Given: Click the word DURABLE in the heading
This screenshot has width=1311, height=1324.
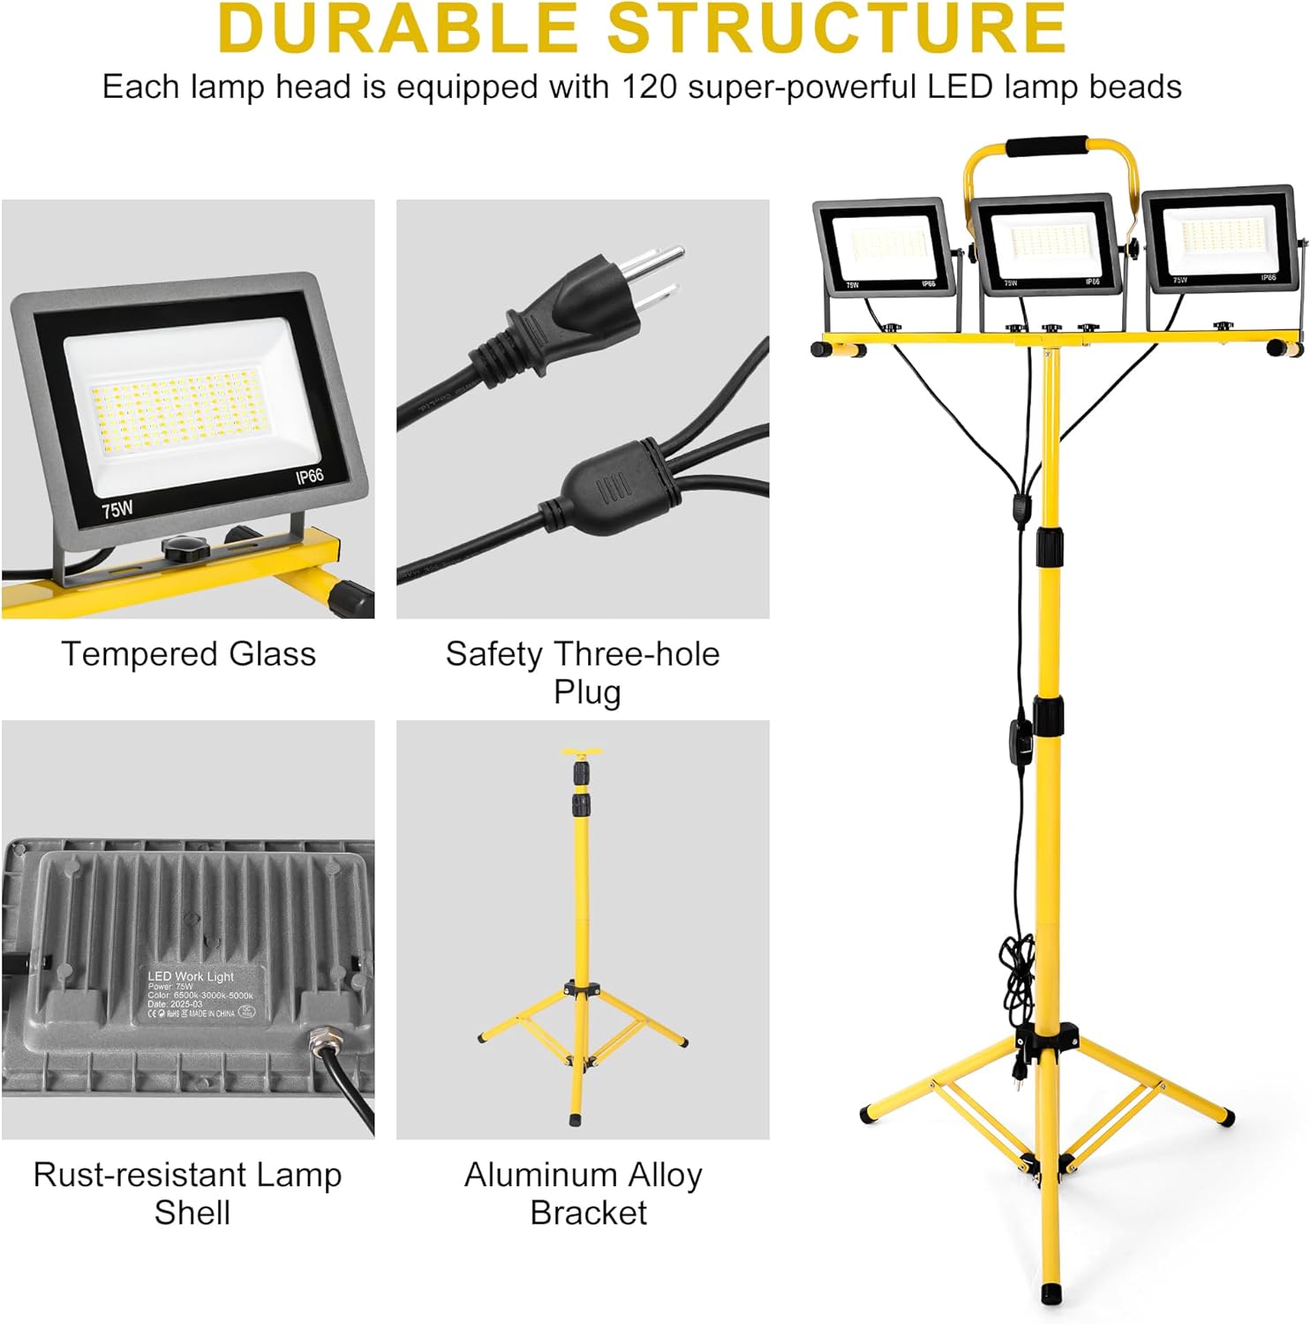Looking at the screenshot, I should click(x=397, y=28).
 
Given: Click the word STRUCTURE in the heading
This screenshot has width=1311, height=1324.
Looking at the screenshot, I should click(x=837, y=28).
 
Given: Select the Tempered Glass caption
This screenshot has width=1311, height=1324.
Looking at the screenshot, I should click(x=188, y=654).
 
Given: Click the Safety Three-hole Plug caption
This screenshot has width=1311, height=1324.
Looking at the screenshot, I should click(x=583, y=673).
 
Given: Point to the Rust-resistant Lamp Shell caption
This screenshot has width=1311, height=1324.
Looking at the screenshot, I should click(x=188, y=1193).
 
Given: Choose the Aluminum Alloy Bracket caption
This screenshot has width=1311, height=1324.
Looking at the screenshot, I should click(x=584, y=1193).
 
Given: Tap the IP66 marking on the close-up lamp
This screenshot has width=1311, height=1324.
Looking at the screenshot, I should click(x=309, y=477).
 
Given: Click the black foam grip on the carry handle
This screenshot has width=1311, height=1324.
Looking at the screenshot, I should click(x=1048, y=147).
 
